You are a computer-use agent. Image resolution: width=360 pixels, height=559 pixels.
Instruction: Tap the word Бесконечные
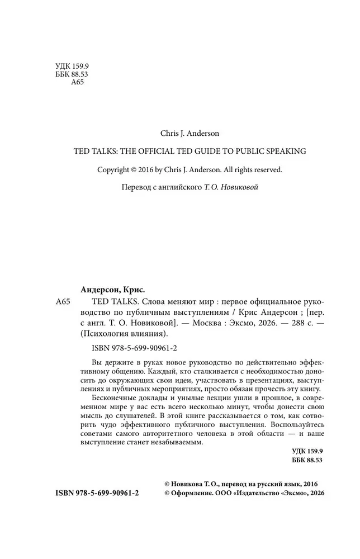point(107,402)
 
